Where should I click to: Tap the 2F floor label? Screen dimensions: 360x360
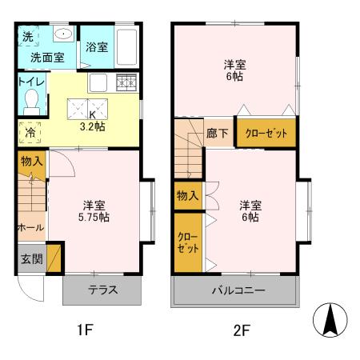coord(238,329)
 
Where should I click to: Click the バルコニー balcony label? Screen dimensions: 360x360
coord(238,290)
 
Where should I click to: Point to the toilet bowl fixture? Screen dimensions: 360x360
coord(33,102)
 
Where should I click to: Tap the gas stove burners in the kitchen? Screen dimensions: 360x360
coord(126,82)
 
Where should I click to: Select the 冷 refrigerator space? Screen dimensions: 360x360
coord(30,133)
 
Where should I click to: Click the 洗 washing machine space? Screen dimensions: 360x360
coord(26,38)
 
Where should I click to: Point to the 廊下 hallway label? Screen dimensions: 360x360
coord(217,134)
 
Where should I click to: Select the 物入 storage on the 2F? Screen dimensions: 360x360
coord(186,194)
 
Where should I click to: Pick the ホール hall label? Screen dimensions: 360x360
coord(30,227)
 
